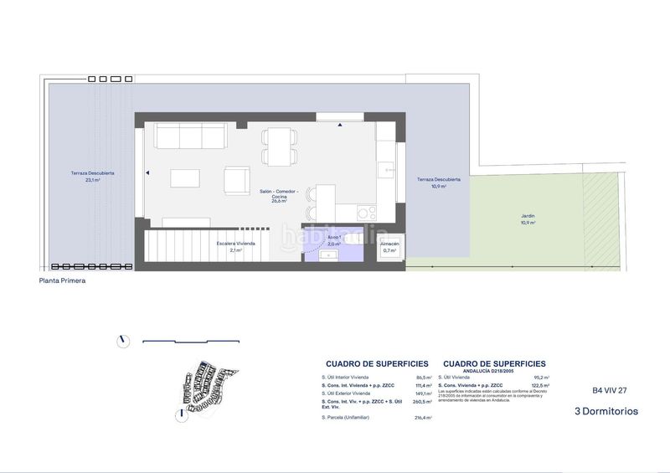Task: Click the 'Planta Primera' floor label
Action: click(x=63, y=281)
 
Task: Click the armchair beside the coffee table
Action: click(x=237, y=178)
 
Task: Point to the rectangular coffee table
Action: click(x=186, y=177)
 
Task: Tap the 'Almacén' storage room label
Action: click(x=389, y=246)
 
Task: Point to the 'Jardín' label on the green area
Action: click(x=528, y=219)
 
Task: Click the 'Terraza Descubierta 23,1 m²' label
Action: click(x=92, y=177)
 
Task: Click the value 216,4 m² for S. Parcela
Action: click(x=423, y=418)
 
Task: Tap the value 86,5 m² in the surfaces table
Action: click(x=424, y=378)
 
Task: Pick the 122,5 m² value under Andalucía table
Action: click(x=540, y=386)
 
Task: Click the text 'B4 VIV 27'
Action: click(x=610, y=390)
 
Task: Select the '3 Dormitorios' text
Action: click(x=606, y=411)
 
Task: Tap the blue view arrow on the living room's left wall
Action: click(x=147, y=173)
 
